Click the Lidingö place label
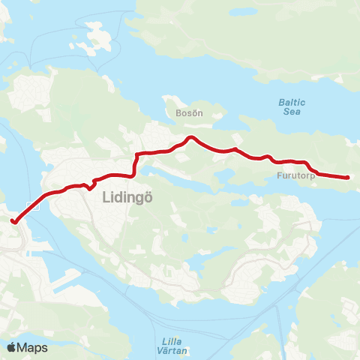[x=123, y=196]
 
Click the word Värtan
[x=174, y=349]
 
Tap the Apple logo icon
[x=11, y=347]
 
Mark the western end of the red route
[x=13, y=220]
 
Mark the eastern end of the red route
[x=348, y=178]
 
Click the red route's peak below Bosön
[x=191, y=137]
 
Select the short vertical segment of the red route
[x=135, y=165]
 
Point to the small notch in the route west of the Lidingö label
[x=89, y=186]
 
